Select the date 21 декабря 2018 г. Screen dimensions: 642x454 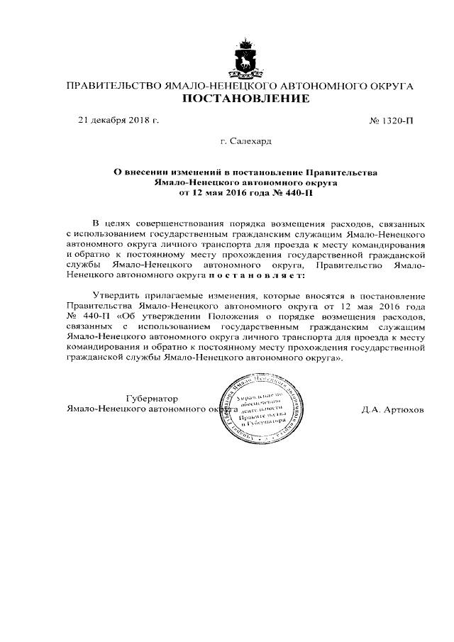tap(118, 121)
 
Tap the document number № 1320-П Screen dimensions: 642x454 tap(392, 121)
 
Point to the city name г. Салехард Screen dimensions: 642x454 tap(245, 142)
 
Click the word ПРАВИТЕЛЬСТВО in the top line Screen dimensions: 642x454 tap(113, 85)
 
